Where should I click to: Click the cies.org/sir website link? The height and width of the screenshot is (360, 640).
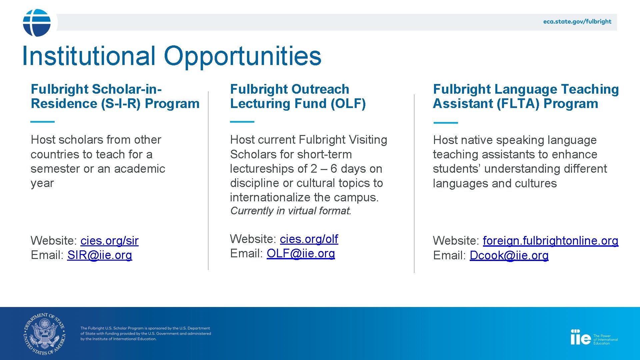click(x=109, y=241)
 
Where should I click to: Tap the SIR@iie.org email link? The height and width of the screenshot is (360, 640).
click(x=100, y=255)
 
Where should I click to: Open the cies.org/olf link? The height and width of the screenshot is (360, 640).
click(x=309, y=239)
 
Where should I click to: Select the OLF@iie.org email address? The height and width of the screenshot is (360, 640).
click(x=301, y=254)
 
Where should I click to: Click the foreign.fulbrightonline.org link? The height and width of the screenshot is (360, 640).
click(x=550, y=241)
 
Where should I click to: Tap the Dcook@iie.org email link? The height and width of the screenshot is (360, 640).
click(x=509, y=256)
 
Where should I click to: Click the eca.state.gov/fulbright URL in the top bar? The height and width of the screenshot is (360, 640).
click(x=577, y=22)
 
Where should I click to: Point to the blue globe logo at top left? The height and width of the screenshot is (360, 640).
click(x=37, y=23)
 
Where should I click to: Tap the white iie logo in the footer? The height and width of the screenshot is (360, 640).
click(x=580, y=338)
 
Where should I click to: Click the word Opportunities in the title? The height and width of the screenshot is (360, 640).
click(x=242, y=56)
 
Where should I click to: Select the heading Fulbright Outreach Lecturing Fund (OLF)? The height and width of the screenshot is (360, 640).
click(x=298, y=96)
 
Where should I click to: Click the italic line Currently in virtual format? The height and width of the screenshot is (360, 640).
click(x=290, y=211)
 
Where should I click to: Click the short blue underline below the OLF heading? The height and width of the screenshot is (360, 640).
click(x=242, y=122)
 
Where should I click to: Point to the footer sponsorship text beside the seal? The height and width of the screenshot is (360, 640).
click(x=146, y=334)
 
